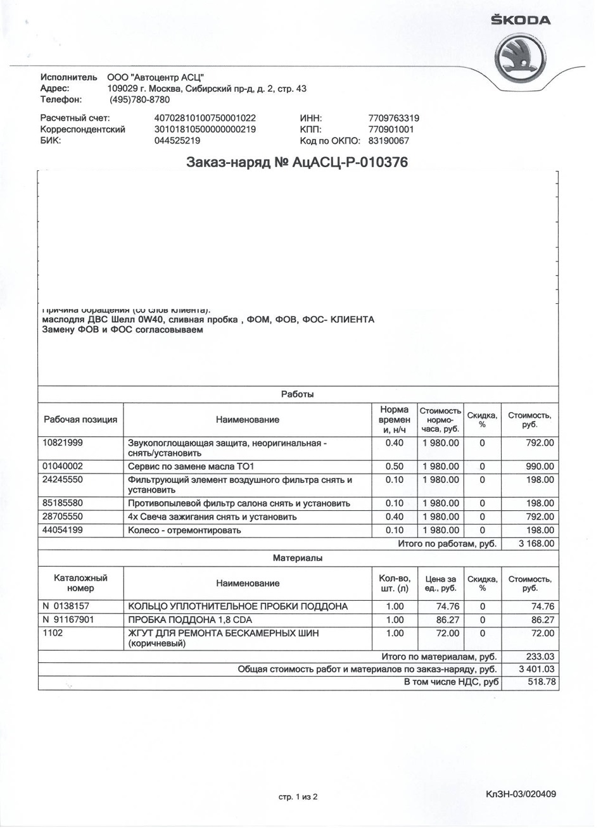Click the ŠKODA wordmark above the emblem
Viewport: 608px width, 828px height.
[521, 20]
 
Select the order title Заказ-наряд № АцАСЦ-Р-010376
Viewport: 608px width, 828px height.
[297, 163]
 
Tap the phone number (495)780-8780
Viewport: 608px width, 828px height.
[139, 99]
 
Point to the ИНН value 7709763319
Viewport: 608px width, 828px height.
[393, 118]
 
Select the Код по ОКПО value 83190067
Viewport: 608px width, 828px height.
[388, 141]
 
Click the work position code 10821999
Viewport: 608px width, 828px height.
[63, 443]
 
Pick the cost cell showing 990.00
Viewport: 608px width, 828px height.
[540, 467]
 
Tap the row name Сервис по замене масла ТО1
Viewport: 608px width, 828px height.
[191, 467]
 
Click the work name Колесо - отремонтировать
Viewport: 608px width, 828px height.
[184, 530]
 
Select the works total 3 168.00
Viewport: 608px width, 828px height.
[536, 544]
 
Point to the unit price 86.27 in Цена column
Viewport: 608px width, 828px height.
[448, 620]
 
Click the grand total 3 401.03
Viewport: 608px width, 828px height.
[536, 669]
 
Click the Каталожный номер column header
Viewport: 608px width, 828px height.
[80, 583]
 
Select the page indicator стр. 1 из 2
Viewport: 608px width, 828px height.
[298, 797]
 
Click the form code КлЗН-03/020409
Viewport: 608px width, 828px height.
[521, 794]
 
